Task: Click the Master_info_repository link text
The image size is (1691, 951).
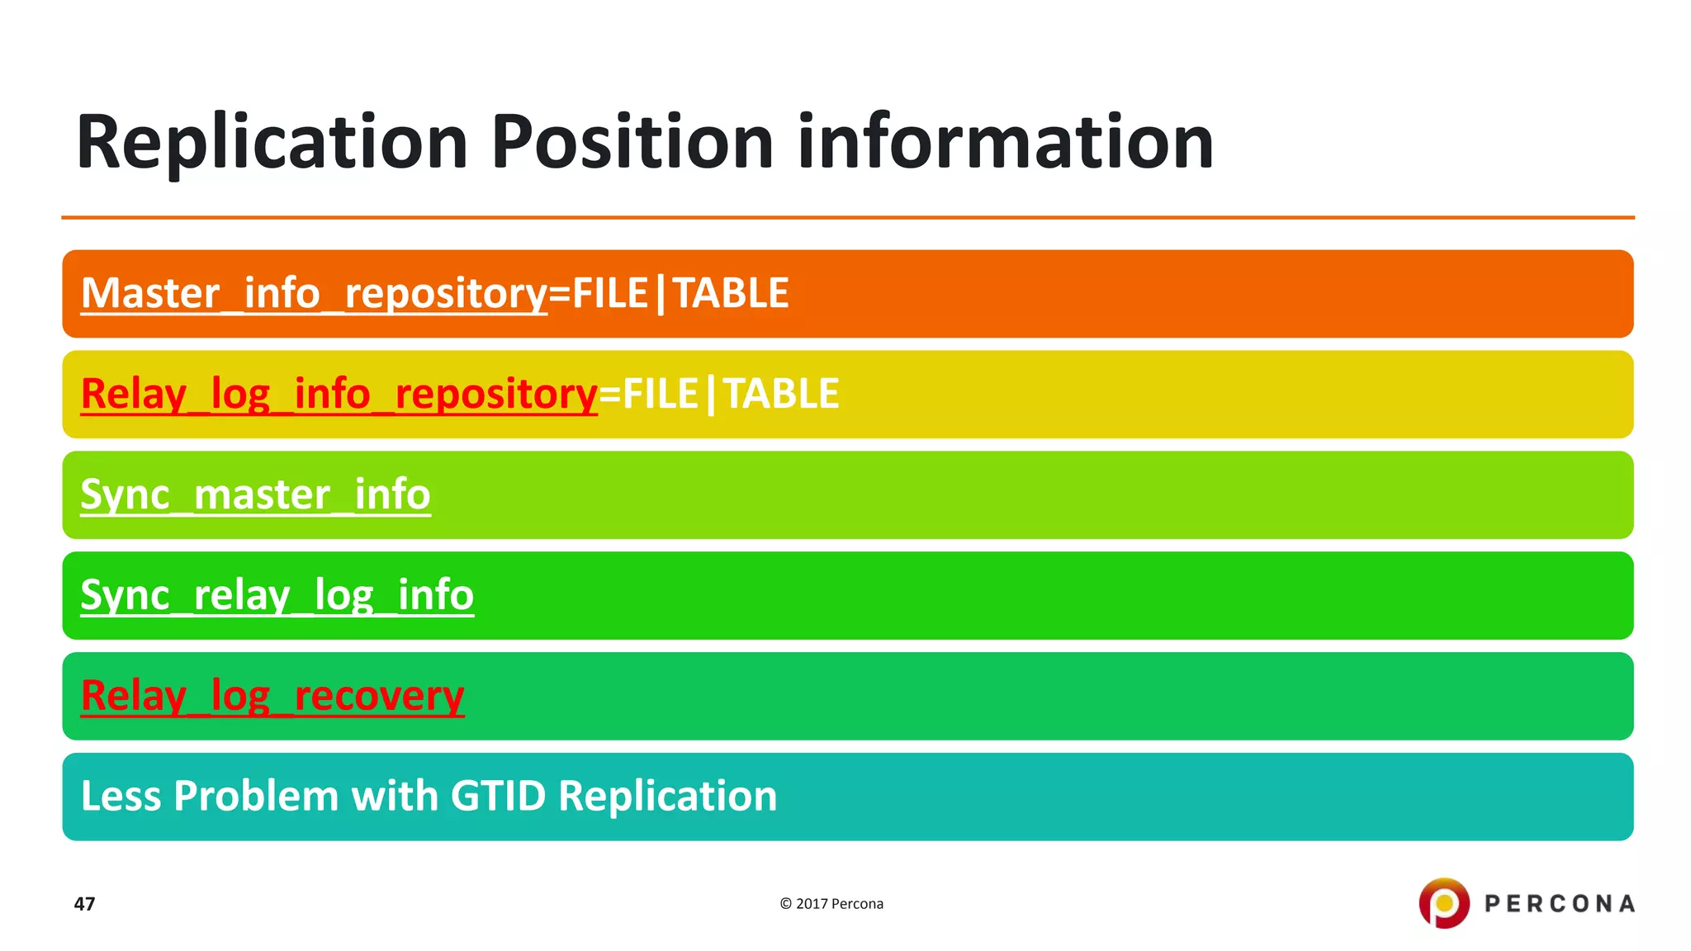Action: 314,294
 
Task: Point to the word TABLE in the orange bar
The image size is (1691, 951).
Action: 731,294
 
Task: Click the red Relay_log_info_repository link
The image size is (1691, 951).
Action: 339,395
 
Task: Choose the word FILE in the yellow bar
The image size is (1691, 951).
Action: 661,395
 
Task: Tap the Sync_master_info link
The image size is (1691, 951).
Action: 255,495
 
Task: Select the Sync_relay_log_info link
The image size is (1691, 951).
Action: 277,596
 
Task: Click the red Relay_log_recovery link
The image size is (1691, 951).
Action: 272,696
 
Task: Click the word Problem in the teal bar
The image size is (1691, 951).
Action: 256,797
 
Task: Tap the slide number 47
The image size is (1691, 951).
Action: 84,904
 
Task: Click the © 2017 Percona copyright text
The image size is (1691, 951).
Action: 831,904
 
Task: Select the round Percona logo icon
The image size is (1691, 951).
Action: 1444,903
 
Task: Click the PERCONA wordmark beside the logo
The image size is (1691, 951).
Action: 1560,904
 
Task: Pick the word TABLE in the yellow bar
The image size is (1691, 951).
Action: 781,395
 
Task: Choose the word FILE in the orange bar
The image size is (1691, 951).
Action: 610,294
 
